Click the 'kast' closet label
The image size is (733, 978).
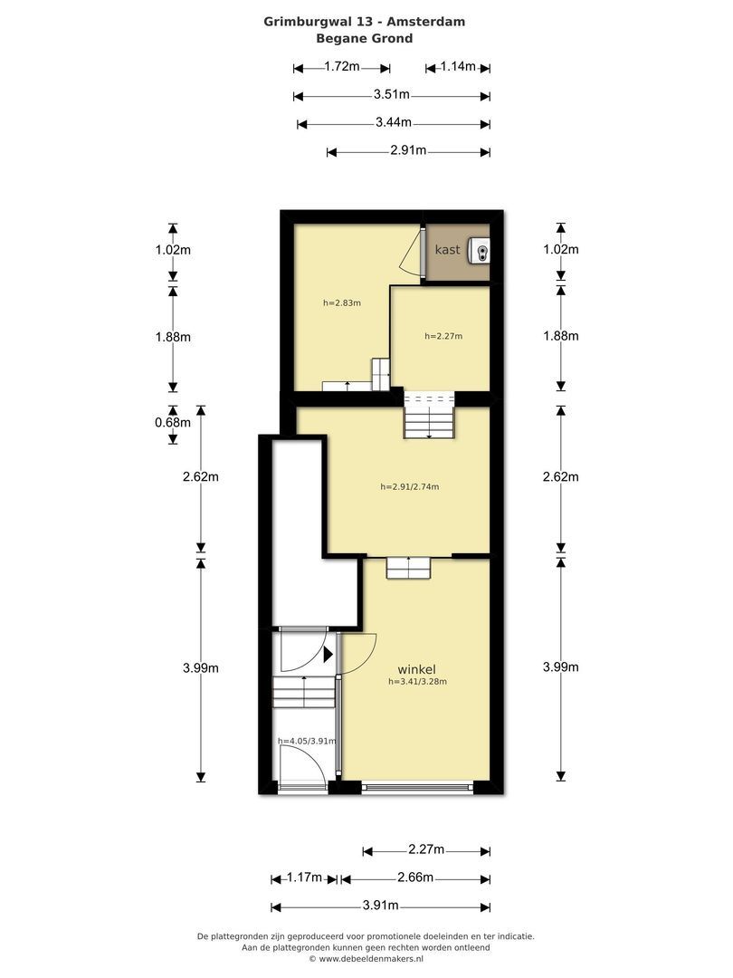pos(448,250)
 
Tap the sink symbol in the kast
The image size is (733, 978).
pos(481,252)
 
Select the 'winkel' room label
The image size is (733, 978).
pos(416,670)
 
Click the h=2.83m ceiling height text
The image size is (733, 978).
pos(341,303)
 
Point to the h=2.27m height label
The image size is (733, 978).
pos(443,336)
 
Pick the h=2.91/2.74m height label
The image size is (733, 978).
pos(410,486)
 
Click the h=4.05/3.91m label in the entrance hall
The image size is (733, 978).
pos(307,741)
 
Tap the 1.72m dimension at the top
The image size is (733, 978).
pos(341,66)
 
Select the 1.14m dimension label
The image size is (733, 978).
pos(458,66)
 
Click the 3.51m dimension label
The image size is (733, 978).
pos(392,94)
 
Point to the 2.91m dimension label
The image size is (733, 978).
pos(408,150)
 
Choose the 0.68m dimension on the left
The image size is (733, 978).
pos(173,422)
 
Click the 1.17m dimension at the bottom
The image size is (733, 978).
pos(304,877)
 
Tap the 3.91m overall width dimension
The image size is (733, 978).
pos(380,905)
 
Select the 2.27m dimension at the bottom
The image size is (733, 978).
pos(426,849)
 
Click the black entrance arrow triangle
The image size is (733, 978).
pos(328,655)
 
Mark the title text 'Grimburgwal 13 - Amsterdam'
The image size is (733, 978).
pos(365,21)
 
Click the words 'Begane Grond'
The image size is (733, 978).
pos(365,38)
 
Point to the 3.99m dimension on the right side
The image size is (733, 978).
pos(561,666)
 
